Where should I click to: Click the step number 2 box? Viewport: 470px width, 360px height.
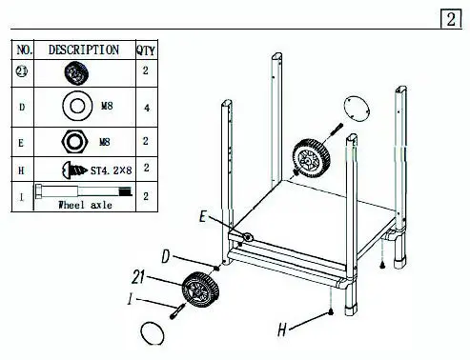tap(449, 19)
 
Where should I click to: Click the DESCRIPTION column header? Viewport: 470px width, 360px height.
tap(83, 50)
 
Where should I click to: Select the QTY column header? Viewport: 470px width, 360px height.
tap(146, 50)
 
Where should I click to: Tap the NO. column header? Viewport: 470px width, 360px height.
tap(26, 50)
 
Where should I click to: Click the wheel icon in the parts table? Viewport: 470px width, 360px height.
tap(76, 70)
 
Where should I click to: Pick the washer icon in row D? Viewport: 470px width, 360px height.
tap(76, 106)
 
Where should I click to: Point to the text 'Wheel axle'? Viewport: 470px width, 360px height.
tap(86, 204)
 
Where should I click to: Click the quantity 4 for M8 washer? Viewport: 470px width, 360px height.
tap(146, 107)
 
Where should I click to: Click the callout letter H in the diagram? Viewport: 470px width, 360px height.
tap(281, 330)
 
